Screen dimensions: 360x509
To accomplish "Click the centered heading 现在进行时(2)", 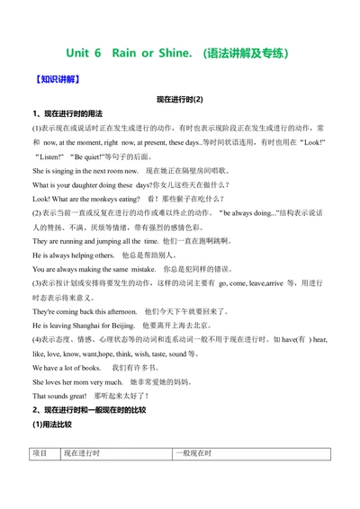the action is [x=180, y=99].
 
